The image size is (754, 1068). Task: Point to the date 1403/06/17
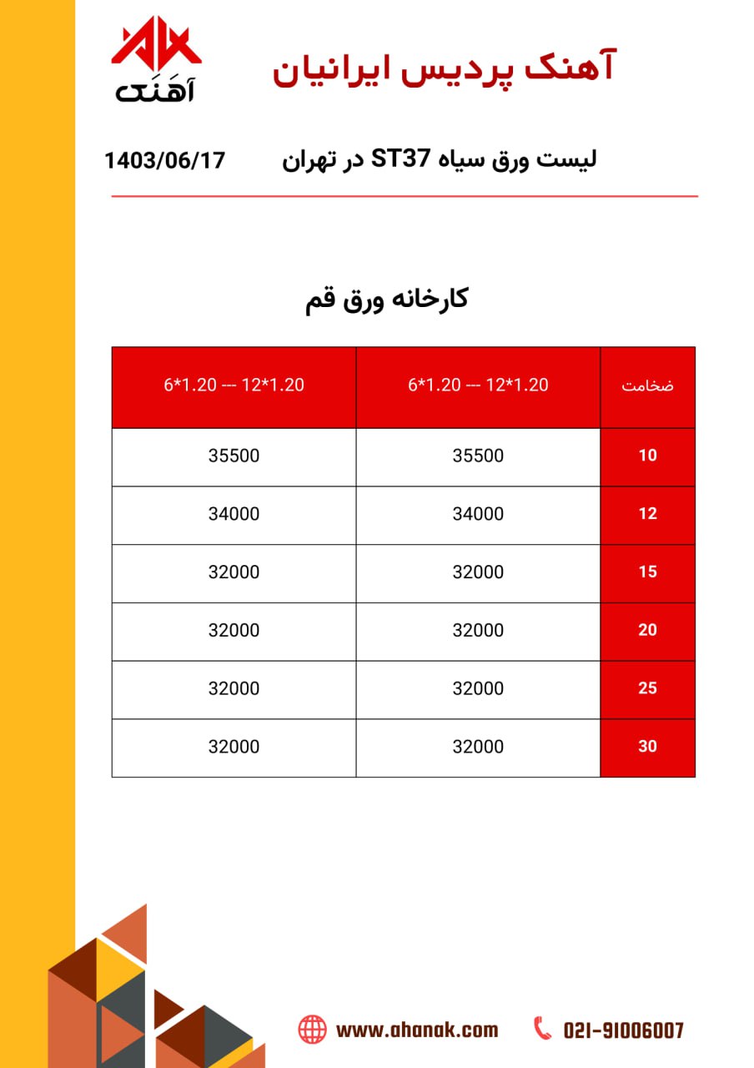165,159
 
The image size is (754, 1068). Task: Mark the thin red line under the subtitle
405,196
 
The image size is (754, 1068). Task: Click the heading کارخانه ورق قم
387,300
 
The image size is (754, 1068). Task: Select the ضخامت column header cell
647,386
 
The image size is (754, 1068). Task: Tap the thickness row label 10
647,456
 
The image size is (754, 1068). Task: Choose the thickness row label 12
647,514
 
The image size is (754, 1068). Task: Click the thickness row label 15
647,572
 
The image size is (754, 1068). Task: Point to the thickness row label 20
647,631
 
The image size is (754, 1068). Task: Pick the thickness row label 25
647,688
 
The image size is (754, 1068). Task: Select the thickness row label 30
647,747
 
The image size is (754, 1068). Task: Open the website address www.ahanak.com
416,1030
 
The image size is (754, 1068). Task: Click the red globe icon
313,1029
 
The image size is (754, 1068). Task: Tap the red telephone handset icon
543,1028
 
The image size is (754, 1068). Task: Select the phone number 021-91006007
623,1030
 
